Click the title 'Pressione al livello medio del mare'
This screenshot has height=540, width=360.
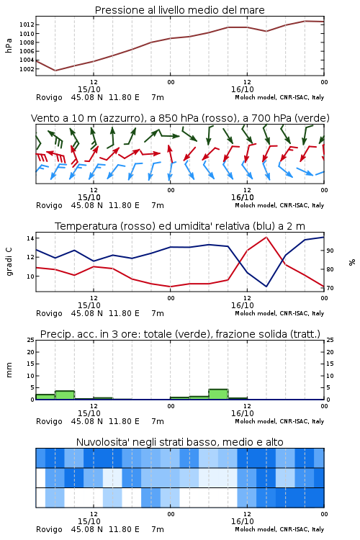point(179,10)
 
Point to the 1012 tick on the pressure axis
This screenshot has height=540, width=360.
point(27,24)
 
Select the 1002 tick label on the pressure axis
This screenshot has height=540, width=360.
point(27,69)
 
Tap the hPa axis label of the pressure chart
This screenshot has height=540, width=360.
point(9,45)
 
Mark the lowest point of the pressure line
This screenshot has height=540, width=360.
point(55,71)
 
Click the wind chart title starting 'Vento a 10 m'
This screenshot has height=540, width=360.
point(180,118)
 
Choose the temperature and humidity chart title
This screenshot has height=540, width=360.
point(180,226)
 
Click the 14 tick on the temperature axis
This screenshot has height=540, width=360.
point(30,238)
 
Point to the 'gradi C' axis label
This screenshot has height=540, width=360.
point(9,262)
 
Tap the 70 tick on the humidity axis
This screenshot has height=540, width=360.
point(330,288)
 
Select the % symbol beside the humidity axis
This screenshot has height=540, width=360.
point(352,262)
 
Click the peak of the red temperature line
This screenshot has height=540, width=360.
point(266,237)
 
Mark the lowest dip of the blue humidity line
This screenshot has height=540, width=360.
point(266,286)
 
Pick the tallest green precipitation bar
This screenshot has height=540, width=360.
point(218,395)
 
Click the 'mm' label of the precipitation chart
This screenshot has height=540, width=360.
point(9,370)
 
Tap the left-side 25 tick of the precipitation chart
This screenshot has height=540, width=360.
point(31,340)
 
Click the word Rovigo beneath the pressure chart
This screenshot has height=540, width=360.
point(49,97)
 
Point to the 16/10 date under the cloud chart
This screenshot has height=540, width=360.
point(243,521)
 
